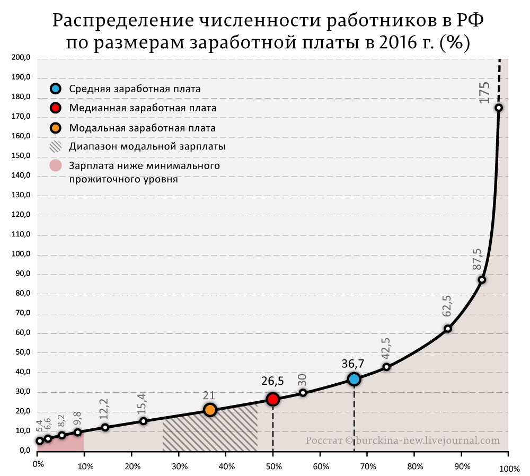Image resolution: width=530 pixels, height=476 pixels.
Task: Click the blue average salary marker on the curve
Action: tap(354, 379)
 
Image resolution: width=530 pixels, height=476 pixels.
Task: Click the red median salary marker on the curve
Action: tap(273, 399)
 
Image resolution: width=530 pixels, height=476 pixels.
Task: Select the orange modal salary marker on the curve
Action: tap(210, 410)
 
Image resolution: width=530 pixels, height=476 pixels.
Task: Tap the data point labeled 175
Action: tap(499, 108)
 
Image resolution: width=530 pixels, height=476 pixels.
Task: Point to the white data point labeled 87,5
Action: tap(482, 280)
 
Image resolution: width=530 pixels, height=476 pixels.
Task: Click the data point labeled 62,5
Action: tap(448, 329)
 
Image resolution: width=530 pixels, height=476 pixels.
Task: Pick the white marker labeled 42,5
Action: tap(386, 367)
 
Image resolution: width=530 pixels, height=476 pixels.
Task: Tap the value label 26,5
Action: tap(272, 381)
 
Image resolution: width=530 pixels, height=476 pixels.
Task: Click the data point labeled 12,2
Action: tap(105, 427)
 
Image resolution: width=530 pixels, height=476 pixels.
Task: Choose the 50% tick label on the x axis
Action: tap(273, 466)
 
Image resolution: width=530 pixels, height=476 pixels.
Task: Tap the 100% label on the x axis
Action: tap(509, 469)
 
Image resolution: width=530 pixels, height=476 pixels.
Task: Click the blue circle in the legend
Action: tap(56, 89)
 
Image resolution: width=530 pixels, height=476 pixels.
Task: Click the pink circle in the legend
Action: tap(56, 166)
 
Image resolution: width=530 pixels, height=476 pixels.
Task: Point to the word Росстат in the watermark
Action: tap(323, 440)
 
